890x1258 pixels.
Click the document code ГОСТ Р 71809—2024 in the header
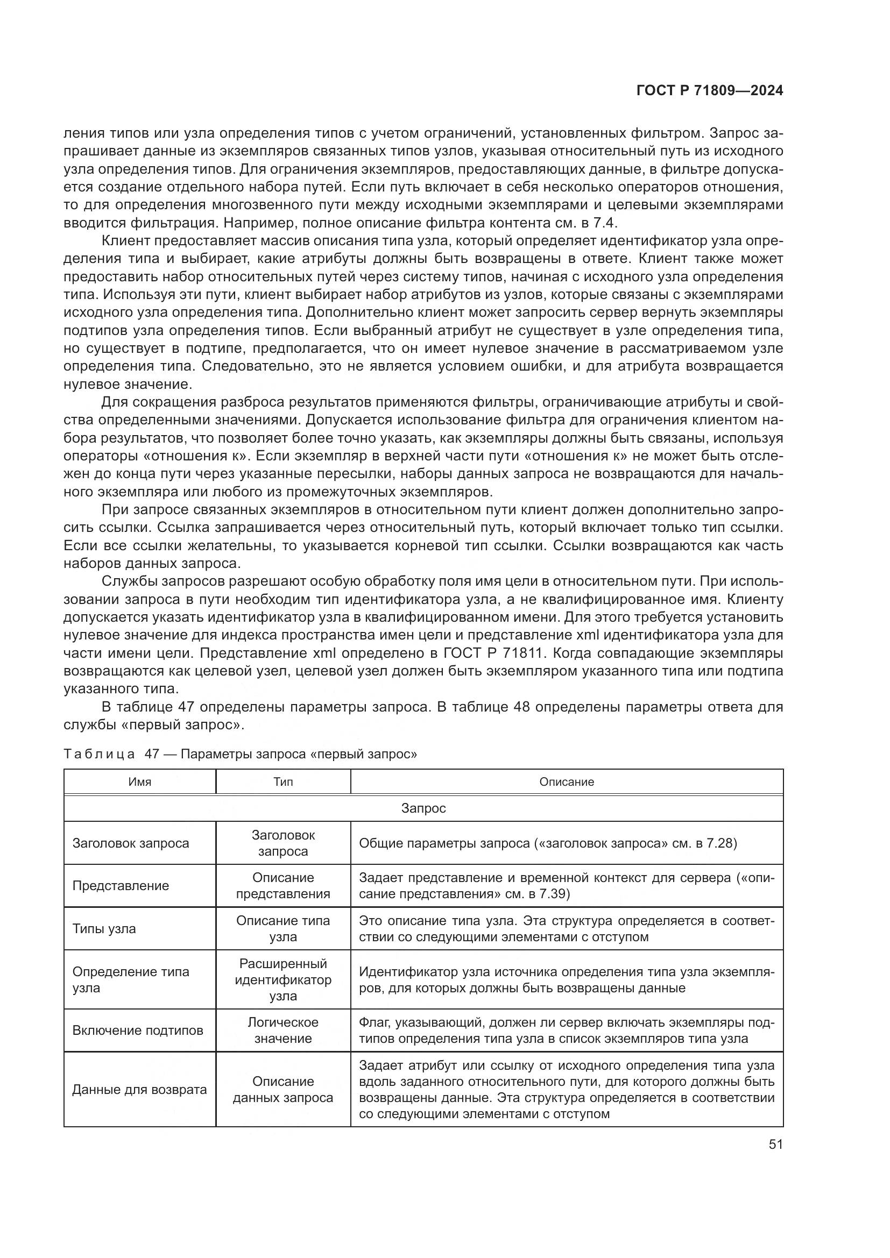709,91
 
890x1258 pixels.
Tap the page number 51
775,1145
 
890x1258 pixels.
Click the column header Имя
140,782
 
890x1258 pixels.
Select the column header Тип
283,782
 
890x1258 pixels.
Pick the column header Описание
566,782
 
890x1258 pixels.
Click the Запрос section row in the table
423,808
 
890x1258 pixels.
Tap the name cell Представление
121,886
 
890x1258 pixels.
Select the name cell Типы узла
104,929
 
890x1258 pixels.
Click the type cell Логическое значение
283,1030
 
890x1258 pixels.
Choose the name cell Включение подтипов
138,1030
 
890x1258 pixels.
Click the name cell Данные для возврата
139,1089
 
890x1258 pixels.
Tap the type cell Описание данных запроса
283,1089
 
